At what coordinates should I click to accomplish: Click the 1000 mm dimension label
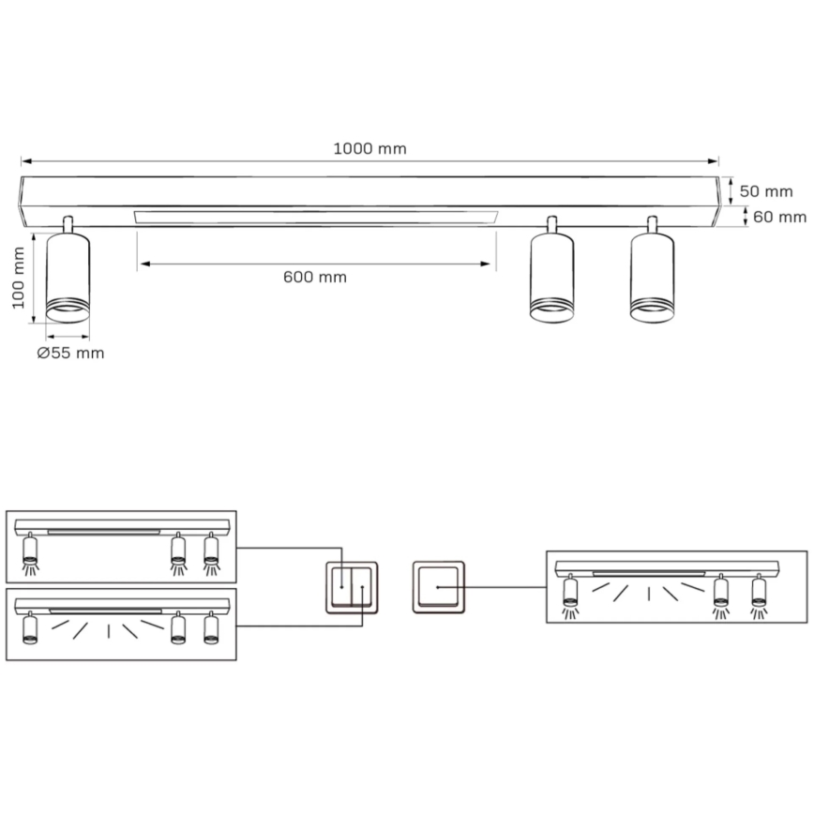click(x=369, y=149)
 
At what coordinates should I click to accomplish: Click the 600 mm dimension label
click(x=315, y=277)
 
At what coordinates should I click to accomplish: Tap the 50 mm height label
click(x=766, y=191)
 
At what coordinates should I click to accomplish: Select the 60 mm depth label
click(x=779, y=217)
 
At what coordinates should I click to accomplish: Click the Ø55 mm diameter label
click(x=70, y=354)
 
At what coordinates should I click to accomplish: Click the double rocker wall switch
click(x=352, y=588)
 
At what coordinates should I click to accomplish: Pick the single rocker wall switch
click(x=439, y=588)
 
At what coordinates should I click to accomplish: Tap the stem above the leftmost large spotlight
click(x=68, y=224)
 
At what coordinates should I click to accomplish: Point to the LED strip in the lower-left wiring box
click(x=105, y=610)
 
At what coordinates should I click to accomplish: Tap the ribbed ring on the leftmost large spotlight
click(x=68, y=307)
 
